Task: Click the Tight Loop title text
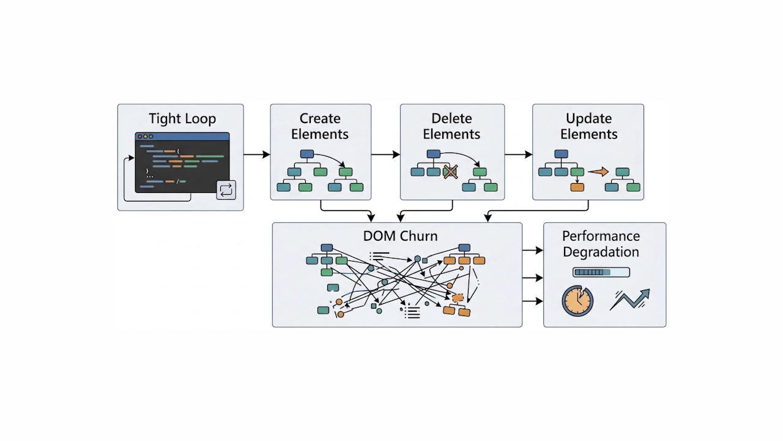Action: tap(182, 119)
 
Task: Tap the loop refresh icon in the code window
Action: tap(226, 190)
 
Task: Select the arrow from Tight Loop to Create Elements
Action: tap(256, 154)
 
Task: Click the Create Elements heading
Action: tap(320, 126)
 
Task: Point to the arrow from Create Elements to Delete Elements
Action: tap(385, 154)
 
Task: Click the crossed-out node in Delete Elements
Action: tap(450, 172)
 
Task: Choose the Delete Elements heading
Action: tap(452, 126)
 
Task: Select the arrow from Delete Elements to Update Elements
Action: tap(518, 154)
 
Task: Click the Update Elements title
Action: tap(589, 126)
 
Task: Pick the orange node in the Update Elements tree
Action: tap(577, 187)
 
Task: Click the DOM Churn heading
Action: tap(400, 236)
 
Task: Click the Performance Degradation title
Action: tap(601, 244)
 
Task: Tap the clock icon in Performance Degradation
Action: tap(577, 301)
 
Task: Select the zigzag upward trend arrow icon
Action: tap(629, 300)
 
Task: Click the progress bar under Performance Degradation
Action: tap(601, 272)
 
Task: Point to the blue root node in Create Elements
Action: tap(307, 154)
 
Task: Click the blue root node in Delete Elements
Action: tap(433, 154)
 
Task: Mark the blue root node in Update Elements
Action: tap(561, 154)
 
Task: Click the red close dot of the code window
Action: tap(140, 137)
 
